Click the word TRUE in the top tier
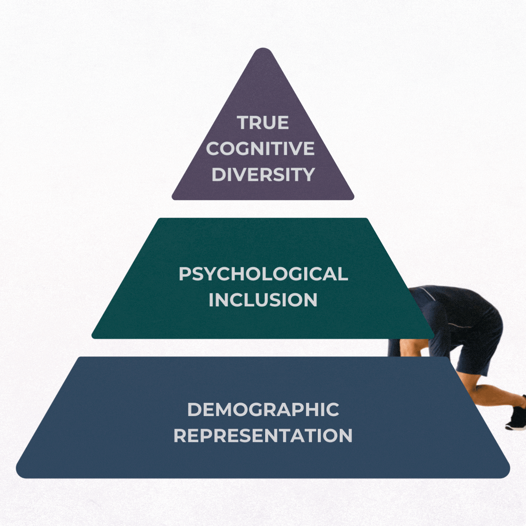[x=263, y=123]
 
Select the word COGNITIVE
[x=260, y=149]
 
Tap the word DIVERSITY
[x=263, y=174]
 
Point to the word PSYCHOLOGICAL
[x=263, y=274]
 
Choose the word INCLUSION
[x=263, y=300]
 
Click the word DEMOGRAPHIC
[x=263, y=410]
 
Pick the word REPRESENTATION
[x=263, y=436]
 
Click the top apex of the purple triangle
[x=263, y=50]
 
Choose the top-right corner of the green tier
[x=366, y=219]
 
